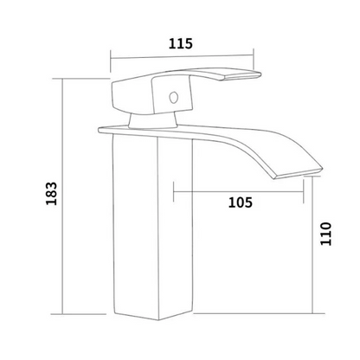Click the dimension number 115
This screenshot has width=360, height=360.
coord(180,43)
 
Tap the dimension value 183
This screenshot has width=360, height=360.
coord(52,193)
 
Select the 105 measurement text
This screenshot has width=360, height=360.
coord(241,202)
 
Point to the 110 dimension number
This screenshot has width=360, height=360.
coord(326,234)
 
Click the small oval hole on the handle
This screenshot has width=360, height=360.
coord(173,98)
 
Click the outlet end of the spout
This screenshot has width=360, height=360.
coord(297,173)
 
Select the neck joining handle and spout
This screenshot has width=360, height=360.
coord(152,120)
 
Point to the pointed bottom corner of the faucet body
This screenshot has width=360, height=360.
coord(158,319)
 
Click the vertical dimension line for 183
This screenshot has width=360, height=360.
coord(62,196)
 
